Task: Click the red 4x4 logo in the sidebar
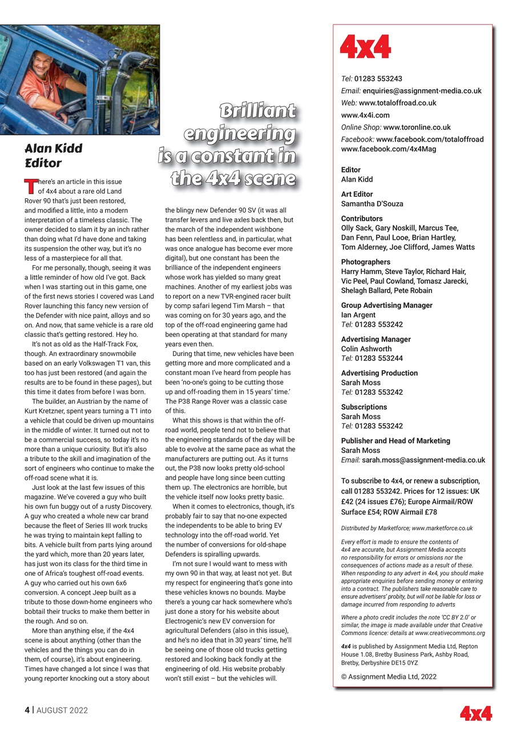point(365,46)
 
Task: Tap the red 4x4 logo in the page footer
point(476,713)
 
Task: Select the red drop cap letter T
point(30,186)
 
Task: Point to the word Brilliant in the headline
point(258,111)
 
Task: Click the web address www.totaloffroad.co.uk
point(398,103)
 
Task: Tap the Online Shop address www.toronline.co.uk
point(417,127)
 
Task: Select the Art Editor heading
point(357,194)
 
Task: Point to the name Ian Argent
point(358,315)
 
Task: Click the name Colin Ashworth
point(366,349)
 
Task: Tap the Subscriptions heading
point(364,407)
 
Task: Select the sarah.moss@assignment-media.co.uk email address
point(423,460)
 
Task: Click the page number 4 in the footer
point(27,711)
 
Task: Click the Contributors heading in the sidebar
point(362,219)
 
